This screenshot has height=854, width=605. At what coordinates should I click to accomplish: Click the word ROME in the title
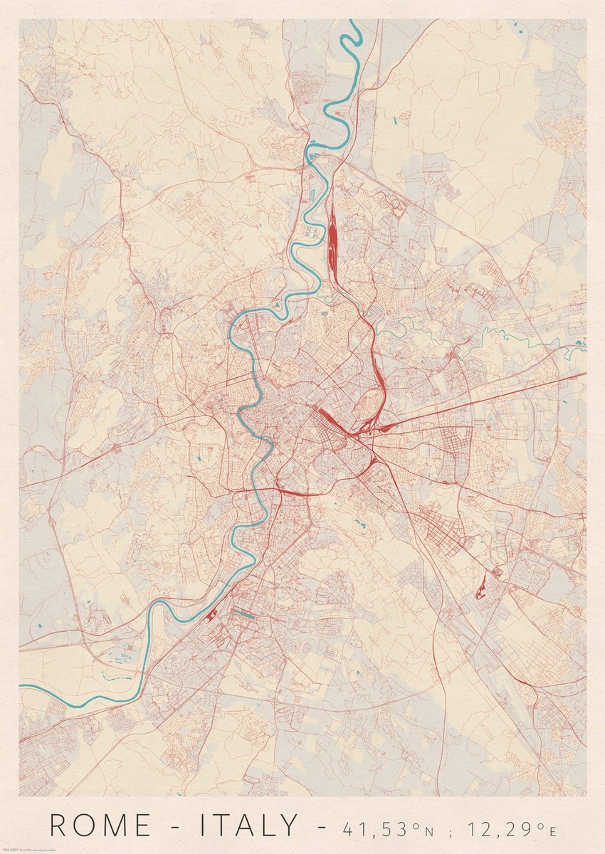click(100, 826)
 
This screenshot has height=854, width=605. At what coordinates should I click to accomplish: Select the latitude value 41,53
click(374, 828)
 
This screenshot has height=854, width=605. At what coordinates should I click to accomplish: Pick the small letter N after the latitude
click(431, 831)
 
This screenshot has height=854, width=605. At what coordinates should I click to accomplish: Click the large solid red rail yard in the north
click(332, 235)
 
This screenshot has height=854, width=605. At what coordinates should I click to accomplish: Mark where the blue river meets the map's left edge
click(21, 686)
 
